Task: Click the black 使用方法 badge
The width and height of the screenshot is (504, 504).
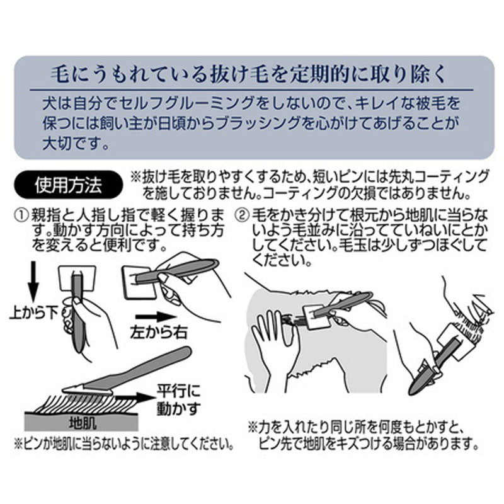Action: (68, 185)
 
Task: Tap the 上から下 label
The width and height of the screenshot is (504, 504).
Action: (34, 312)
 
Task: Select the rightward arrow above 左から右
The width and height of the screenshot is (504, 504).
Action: (156, 318)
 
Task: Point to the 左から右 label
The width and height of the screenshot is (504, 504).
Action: (159, 333)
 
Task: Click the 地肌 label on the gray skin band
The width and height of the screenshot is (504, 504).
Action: (83, 423)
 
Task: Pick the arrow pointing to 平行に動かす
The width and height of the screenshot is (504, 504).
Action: (135, 398)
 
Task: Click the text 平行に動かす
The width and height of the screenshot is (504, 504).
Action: (178, 400)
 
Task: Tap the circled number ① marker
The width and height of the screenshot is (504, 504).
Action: (21, 215)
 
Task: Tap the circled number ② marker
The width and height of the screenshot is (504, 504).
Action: (243, 215)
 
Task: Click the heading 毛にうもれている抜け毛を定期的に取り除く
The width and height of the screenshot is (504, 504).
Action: (248, 74)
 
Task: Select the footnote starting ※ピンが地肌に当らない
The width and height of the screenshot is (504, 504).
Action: (124, 445)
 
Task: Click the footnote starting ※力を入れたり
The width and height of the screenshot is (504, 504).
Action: (364, 436)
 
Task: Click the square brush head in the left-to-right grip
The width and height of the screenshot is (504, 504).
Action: (139, 282)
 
